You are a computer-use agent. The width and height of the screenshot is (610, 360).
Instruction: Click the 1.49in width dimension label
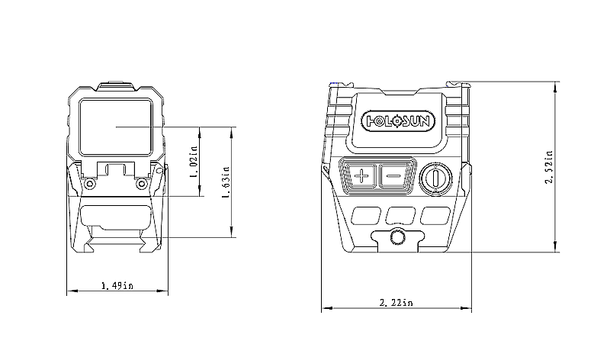[117, 286]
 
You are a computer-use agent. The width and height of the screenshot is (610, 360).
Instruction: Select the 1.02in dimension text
[194, 160]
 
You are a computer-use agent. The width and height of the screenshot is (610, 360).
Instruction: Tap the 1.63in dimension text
[226, 183]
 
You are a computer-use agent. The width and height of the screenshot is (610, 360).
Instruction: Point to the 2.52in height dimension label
[549, 168]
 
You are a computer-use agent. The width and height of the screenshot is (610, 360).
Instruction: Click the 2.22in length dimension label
[396, 302]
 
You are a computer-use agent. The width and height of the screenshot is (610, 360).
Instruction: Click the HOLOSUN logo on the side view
[398, 121]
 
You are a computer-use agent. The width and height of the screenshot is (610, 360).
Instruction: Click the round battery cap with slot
[435, 178]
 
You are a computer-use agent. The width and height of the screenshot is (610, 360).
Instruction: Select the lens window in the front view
[116, 127]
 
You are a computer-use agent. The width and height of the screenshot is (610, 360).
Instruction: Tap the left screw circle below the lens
[90, 183]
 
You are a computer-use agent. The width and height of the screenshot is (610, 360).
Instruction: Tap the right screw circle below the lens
[142, 183]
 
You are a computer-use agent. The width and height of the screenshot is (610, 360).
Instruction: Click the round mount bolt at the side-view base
[397, 237]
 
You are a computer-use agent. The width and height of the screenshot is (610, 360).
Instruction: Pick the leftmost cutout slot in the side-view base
[366, 216]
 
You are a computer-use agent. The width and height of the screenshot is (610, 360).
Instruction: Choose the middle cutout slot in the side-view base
[401, 216]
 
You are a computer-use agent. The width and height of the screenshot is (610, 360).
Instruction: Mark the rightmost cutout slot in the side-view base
[435, 216]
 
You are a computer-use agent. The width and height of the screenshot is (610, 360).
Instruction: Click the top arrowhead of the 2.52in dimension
[556, 88]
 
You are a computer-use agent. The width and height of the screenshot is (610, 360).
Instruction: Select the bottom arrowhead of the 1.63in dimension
[232, 232]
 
